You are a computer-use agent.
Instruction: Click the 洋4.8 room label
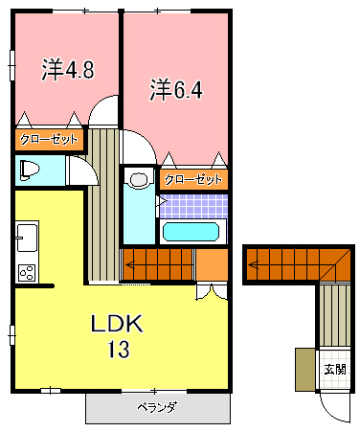66,70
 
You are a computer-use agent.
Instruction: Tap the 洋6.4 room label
176,90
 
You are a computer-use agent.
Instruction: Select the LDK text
117,324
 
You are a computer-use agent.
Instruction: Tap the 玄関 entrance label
333,369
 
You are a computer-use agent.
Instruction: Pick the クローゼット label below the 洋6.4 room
192,179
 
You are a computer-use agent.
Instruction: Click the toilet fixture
29,171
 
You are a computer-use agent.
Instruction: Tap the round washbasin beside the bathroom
138,180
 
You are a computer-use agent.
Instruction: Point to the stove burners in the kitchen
26,271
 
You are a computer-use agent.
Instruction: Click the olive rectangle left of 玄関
304,370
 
